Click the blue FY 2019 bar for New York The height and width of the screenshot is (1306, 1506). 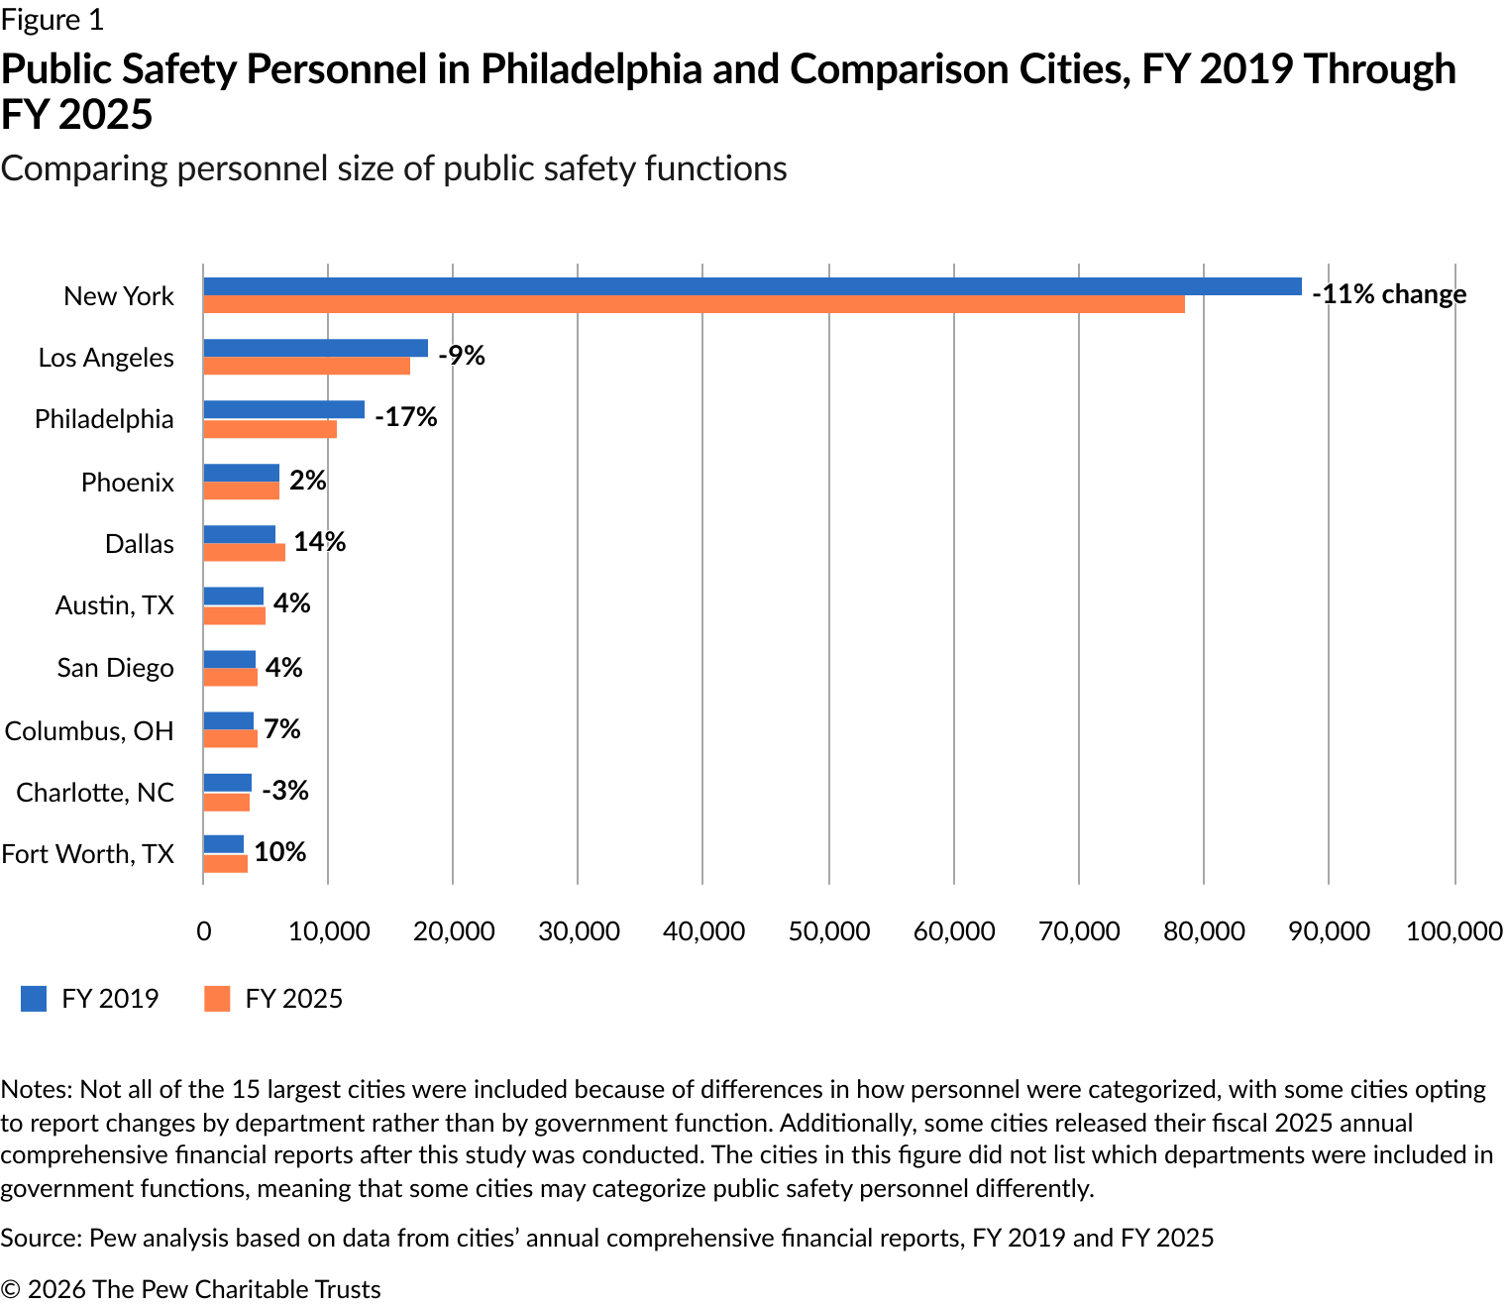(753, 286)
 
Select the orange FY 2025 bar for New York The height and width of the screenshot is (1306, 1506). (695, 304)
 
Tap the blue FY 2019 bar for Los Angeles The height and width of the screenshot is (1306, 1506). (315, 348)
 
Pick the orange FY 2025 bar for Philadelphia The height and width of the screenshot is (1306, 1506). (270, 429)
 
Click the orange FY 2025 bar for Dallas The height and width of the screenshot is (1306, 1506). (244, 553)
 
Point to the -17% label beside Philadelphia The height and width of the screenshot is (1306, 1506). (406, 417)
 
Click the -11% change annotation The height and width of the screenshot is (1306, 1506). (1389, 293)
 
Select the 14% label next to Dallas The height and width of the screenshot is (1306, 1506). (320, 541)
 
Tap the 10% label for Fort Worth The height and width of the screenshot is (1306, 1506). (280, 851)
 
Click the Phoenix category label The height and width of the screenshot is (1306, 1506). (128, 483)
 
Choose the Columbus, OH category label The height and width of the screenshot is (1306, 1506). (89, 730)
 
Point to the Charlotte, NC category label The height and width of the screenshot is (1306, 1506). (95, 792)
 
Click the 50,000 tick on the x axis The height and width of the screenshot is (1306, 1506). (829, 931)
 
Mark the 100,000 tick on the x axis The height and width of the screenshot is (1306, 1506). (1454, 931)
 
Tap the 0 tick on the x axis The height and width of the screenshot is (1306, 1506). (204, 931)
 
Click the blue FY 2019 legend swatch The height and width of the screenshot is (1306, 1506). (34, 999)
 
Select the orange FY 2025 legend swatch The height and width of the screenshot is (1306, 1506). (217, 999)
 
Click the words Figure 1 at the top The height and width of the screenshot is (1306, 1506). (53, 20)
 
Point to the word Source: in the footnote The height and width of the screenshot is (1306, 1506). (42, 1238)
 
